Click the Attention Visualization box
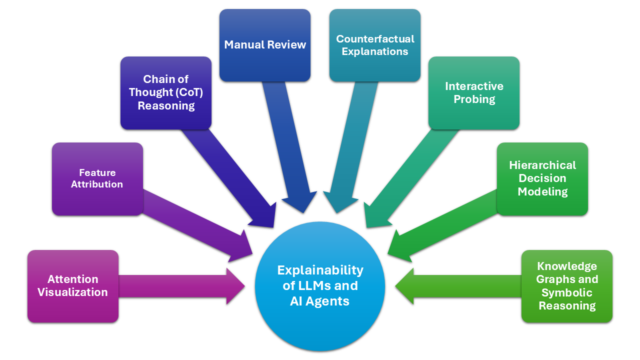[73, 286]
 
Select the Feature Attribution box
[97, 178]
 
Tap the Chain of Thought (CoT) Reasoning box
[166, 92]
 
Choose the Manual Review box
[265, 45]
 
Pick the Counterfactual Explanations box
[375, 45]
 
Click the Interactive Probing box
[474, 92]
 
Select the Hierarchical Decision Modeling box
[542, 178]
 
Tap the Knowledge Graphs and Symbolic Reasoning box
[567, 286]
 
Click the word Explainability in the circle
[320, 270]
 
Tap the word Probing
[474, 99]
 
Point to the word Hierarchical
[542, 165]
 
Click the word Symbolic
[567, 292]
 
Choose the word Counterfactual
[375, 38]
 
